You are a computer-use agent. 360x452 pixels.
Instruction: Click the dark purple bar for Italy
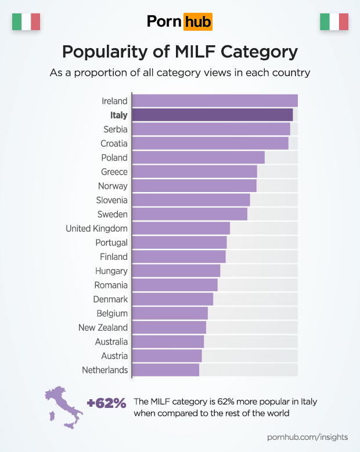tap(212, 115)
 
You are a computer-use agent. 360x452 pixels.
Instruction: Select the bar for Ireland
tap(214, 101)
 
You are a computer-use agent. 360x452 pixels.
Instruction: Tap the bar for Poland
tap(198, 157)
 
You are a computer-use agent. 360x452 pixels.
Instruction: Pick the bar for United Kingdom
tap(181, 228)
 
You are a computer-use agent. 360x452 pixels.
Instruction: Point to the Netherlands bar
tap(165, 370)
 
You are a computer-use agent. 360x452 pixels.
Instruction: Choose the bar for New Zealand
tap(169, 327)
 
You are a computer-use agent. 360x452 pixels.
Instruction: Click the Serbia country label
tap(116, 129)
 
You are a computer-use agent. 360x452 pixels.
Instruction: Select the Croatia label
tap(114, 143)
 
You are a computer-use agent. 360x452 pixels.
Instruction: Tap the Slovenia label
tap(111, 200)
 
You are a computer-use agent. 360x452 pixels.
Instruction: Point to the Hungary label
tap(111, 271)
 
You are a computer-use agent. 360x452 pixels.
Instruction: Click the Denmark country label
tap(110, 299)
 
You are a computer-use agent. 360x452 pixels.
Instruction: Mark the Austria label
tap(114, 356)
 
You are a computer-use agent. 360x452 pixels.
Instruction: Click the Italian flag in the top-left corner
tap(26, 22)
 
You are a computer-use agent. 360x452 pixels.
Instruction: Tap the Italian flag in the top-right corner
tap(334, 22)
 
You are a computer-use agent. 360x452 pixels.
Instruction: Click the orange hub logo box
tap(197, 22)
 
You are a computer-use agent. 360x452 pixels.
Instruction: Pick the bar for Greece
tap(194, 172)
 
